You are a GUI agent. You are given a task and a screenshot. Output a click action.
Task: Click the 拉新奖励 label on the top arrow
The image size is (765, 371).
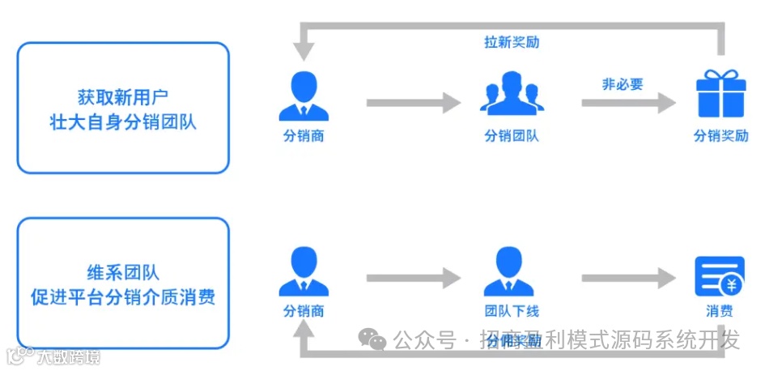(x=512, y=42)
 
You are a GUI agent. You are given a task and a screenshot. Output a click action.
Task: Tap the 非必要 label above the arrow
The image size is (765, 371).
(x=622, y=83)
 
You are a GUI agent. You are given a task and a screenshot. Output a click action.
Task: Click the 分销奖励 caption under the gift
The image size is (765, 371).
(x=720, y=136)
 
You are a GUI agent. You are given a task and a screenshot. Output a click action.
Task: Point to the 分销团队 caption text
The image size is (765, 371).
(x=512, y=136)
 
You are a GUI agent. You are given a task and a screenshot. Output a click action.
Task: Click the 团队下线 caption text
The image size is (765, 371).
(x=512, y=312)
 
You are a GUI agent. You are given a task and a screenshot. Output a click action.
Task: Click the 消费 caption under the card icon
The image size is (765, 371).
(x=720, y=312)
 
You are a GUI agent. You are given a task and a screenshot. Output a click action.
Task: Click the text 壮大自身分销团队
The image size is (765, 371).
(x=123, y=123)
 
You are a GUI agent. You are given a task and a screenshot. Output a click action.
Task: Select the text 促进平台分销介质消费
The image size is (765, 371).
(x=123, y=297)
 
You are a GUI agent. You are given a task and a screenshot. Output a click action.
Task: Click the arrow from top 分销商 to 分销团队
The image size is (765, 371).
(x=413, y=103)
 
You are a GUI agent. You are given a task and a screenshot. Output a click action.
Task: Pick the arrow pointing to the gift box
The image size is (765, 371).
(x=628, y=103)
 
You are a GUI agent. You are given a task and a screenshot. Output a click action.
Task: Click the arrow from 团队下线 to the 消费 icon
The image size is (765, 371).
(x=628, y=279)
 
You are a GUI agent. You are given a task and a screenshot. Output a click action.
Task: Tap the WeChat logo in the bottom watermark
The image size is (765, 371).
(x=373, y=341)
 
